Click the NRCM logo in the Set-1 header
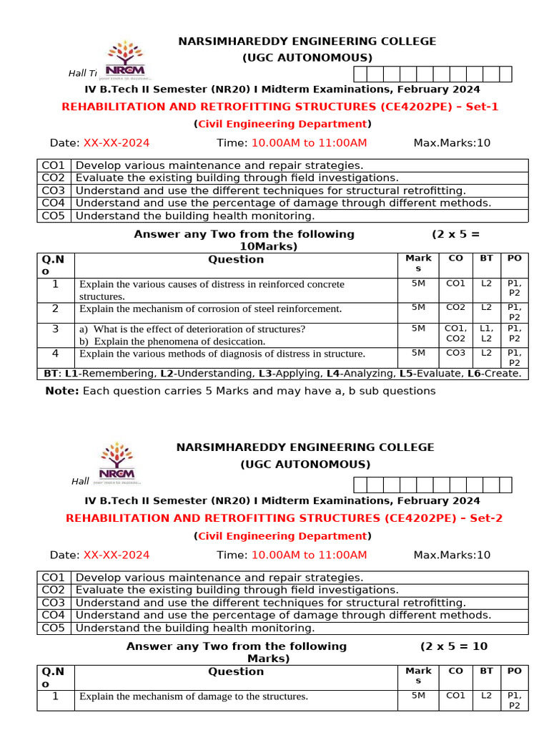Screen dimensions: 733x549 129,59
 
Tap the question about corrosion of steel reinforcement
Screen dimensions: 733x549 210,309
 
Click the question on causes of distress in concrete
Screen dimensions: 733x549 202,285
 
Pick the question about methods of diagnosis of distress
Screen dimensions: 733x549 222,354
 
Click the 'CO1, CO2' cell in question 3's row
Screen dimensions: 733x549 455,334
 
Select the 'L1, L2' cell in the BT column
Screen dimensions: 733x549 486,334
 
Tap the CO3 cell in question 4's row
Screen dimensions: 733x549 455,353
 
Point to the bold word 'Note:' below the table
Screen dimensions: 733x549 62,391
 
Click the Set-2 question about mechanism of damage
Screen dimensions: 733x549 193,696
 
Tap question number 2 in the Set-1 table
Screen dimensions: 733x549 55,309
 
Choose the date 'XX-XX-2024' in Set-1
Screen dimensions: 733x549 117,142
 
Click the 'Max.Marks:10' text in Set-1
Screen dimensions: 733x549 452,142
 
